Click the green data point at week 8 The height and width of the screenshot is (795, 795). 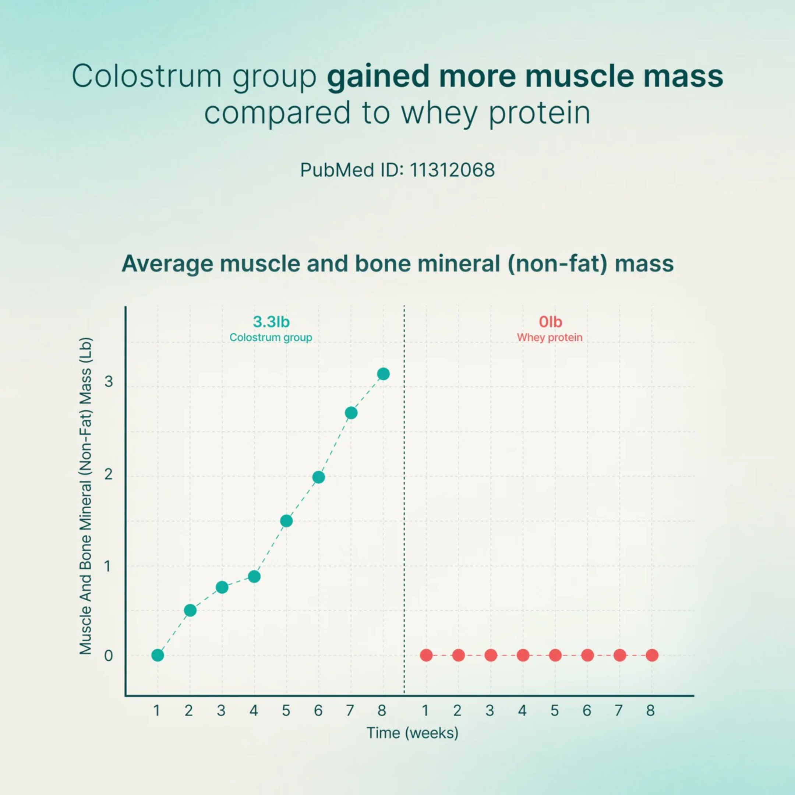coord(383,374)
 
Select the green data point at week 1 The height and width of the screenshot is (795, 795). coord(158,655)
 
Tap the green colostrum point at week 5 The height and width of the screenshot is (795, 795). coord(286,521)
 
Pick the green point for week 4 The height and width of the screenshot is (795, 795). coord(254,576)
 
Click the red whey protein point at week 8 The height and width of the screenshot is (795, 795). coord(652,655)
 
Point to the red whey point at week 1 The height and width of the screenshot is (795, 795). coord(426,655)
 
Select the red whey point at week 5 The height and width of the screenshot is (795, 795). coord(555,655)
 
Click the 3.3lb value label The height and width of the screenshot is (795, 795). coord(271,322)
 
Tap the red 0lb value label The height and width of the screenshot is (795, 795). coord(550,322)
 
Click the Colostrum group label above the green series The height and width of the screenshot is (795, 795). coord(271,338)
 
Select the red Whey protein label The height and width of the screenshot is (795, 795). coord(550,338)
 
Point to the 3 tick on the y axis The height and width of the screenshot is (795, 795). coord(108,381)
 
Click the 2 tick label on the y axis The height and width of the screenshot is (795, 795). coord(108,474)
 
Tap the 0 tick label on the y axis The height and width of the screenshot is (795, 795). coord(108,656)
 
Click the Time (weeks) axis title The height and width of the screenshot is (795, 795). coord(412,733)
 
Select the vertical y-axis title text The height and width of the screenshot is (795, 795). coord(86,496)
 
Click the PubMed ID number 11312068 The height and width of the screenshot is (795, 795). coord(452,170)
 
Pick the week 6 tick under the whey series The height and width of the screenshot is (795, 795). coord(587,711)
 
